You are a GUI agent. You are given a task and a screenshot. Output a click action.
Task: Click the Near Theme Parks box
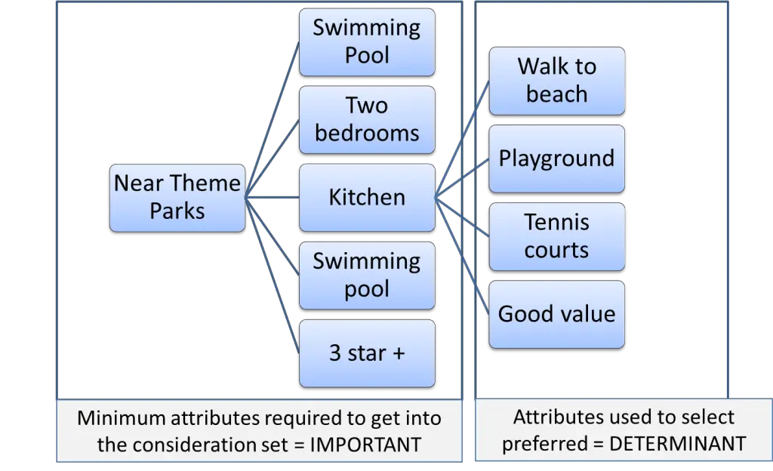click(x=177, y=197)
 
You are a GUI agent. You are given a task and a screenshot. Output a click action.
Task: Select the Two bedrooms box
click(x=367, y=119)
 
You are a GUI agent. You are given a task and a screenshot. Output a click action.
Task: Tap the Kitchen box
click(x=367, y=197)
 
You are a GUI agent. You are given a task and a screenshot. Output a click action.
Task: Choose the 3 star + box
click(x=367, y=353)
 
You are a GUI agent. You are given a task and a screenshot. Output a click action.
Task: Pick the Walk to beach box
click(x=556, y=81)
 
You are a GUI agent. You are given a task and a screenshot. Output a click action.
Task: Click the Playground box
click(x=556, y=159)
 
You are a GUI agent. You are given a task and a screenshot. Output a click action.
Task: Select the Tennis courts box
click(x=556, y=236)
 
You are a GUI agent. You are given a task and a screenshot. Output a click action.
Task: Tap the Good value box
click(x=556, y=314)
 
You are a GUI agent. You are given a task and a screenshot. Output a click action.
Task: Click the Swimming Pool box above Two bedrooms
click(x=367, y=42)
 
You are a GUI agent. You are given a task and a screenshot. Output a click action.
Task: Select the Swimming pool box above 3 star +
click(x=367, y=275)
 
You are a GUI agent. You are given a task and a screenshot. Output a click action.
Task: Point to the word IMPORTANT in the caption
click(x=365, y=445)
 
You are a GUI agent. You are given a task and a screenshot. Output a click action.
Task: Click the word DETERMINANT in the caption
click(x=677, y=444)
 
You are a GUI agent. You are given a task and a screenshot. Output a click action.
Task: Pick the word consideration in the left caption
click(x=203, y=445)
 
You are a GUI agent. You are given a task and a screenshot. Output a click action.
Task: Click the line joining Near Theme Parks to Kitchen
click(x=273, y=197)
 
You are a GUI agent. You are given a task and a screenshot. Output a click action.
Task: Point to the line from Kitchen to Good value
click(x=462, y=255)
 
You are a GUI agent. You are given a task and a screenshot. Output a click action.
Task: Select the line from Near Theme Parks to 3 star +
click(x=273, y=275)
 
